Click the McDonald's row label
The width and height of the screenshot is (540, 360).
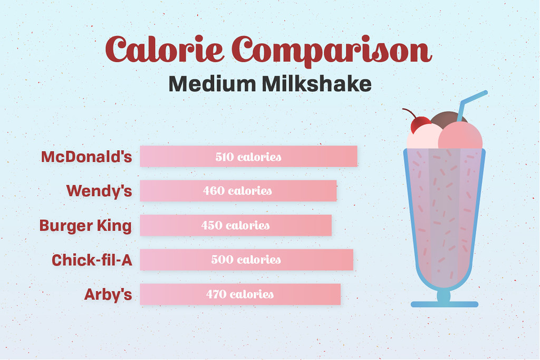click(x=86, y=157)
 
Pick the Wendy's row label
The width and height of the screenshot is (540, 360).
click(x=99, y=191)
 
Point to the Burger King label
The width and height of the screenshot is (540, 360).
click(x=85, y=226)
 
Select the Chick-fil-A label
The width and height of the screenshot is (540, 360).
click(x=92, y=260)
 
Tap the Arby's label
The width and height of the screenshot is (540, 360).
click(x=108, y=294)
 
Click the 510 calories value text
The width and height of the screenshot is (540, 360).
click(x=248, y=157)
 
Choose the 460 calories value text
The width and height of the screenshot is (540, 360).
click(x=238, y=191)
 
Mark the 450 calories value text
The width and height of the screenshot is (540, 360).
click(x=235, y=226)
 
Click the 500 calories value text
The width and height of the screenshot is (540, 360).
click(x=246, y=260)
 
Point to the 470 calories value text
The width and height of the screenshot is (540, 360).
click(x=240, y=294)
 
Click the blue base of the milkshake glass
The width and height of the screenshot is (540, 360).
click(x=445, y=304)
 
